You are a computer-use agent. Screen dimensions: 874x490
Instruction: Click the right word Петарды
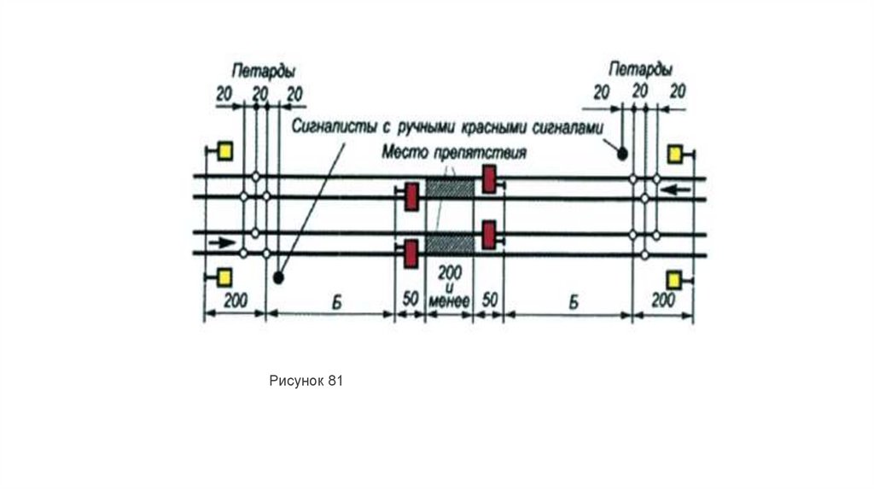point(640,68)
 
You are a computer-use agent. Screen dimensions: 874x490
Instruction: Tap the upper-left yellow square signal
point(224,151)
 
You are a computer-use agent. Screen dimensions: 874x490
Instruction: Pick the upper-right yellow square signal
point(674,154)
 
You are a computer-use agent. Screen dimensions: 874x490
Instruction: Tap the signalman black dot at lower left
point(278,278)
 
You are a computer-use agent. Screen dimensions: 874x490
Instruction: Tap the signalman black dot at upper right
point(623,154)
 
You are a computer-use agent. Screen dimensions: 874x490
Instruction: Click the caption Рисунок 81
point(306,382)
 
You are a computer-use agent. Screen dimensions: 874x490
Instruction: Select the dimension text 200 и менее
point(449,283)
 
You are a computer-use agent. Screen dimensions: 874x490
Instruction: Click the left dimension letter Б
point(329,301)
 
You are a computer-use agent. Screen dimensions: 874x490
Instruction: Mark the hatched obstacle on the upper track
point(450,187)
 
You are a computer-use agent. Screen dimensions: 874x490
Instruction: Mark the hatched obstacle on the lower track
point(450,242)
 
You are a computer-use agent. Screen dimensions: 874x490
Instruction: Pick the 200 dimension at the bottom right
point(662,301)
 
